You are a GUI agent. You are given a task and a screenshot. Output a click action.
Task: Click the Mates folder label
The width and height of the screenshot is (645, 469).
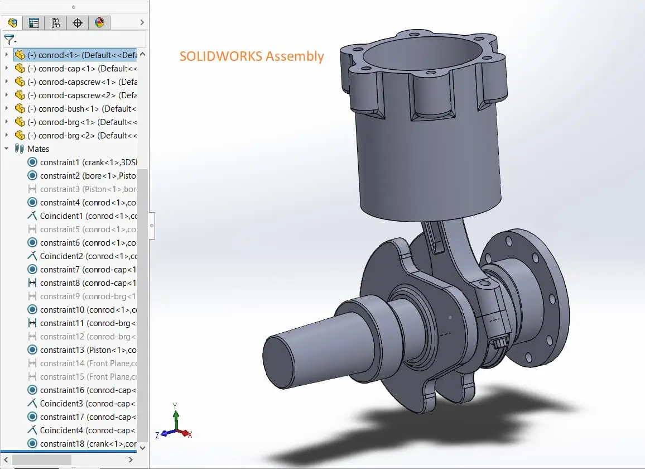coord(38,149)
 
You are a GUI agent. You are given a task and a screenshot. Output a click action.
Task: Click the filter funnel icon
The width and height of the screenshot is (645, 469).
coord(9,40)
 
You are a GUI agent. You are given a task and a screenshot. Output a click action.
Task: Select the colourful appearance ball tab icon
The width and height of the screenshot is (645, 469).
coord(99,23)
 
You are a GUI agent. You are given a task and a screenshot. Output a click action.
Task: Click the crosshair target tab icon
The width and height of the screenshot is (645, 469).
coord(78,23)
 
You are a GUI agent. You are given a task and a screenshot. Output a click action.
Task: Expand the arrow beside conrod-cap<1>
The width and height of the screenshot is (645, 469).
coord(7,69)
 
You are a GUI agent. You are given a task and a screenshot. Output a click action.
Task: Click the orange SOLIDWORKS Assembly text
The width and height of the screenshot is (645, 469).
coord(252,56)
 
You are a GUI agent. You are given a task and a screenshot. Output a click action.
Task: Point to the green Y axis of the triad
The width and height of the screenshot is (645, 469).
coord(176,416)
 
